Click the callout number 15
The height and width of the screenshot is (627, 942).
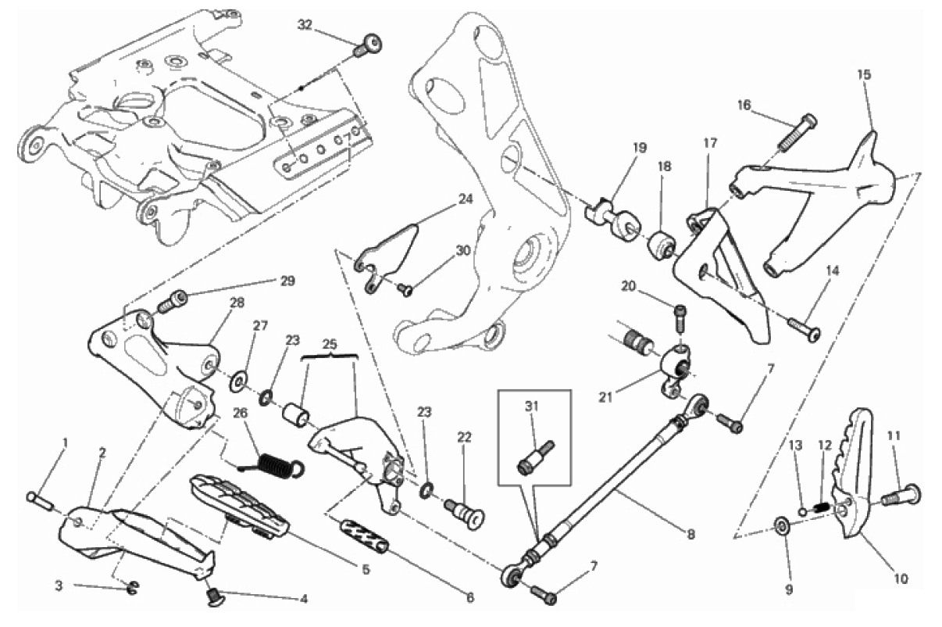(863, 75)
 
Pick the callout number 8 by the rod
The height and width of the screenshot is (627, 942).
(690, 535)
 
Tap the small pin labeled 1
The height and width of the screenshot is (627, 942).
(41, 499)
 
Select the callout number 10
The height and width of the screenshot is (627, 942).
(901, 579)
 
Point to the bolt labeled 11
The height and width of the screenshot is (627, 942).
(901, 494)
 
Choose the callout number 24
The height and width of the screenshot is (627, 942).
(466, 199)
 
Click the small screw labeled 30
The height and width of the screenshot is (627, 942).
(405, 289)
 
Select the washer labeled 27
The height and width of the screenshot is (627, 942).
(235, 384)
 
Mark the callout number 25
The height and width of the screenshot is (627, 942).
(329, 344)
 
